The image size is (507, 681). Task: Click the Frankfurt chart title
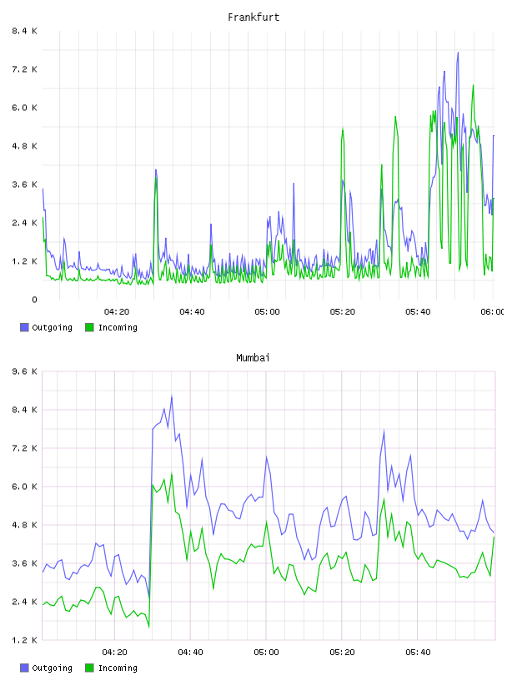pos(254,18)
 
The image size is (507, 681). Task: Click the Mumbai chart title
pos(253,358)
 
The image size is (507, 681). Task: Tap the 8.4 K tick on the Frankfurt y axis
pos(24,31)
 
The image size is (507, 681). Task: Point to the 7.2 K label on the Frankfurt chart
pos(24,69)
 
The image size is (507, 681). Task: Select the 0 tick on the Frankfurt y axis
pos(34,300)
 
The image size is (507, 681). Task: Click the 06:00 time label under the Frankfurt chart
pos(492,312)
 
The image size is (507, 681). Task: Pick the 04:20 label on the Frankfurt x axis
pos(117,312)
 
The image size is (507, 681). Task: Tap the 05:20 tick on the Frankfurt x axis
pos(343,312)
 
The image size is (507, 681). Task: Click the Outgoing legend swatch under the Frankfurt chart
pos(24,327)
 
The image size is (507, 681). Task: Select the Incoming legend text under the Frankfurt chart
pos(118,327)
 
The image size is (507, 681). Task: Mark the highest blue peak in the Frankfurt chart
pos(458,53)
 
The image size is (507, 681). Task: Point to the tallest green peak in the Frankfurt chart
pos(473,85)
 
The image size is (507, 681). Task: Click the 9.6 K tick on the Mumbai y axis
pos(24,371)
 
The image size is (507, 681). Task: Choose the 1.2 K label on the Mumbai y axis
pos(24,640)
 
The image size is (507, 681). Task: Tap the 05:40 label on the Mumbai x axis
pos(418,653)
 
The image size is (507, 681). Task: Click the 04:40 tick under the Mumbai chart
pos(190,653)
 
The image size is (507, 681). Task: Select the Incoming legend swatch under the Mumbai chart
pos(89,668)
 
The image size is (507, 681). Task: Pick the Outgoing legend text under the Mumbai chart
pos(52,668)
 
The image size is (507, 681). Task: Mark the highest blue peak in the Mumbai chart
pos(172,396)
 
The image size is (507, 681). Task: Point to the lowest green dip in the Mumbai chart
pos(149,627)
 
